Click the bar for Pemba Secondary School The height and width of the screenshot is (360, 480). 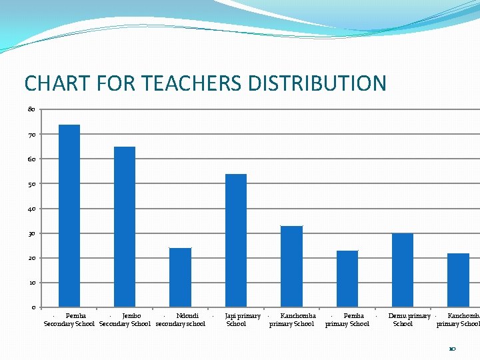tap(69, 215)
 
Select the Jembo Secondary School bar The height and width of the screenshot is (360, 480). tap(125, 227)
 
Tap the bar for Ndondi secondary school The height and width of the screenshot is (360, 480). tap(180, 277)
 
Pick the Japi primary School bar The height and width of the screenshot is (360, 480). tap(236, 240)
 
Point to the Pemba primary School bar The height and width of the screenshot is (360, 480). tap(347, 279)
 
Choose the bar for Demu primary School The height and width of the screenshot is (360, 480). tap(403, 270)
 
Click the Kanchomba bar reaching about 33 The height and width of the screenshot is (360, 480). tap(291, 266)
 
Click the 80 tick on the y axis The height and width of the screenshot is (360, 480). tap(31, 109)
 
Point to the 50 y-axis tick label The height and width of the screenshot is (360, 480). tap(31, 183)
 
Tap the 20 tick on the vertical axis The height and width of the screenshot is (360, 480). tap(31, 258)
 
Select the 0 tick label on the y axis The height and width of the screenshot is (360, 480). tap(33, 307)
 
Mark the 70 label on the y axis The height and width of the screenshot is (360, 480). tap(31, 134)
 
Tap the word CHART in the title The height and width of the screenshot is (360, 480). tap(47, 83)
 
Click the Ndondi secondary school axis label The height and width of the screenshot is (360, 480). tap(180, 320)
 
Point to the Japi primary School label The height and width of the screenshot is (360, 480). tap(237, 320)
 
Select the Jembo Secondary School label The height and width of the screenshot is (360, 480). tap(125, 320)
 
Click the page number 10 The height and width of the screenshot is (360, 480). tap(452, 349)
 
